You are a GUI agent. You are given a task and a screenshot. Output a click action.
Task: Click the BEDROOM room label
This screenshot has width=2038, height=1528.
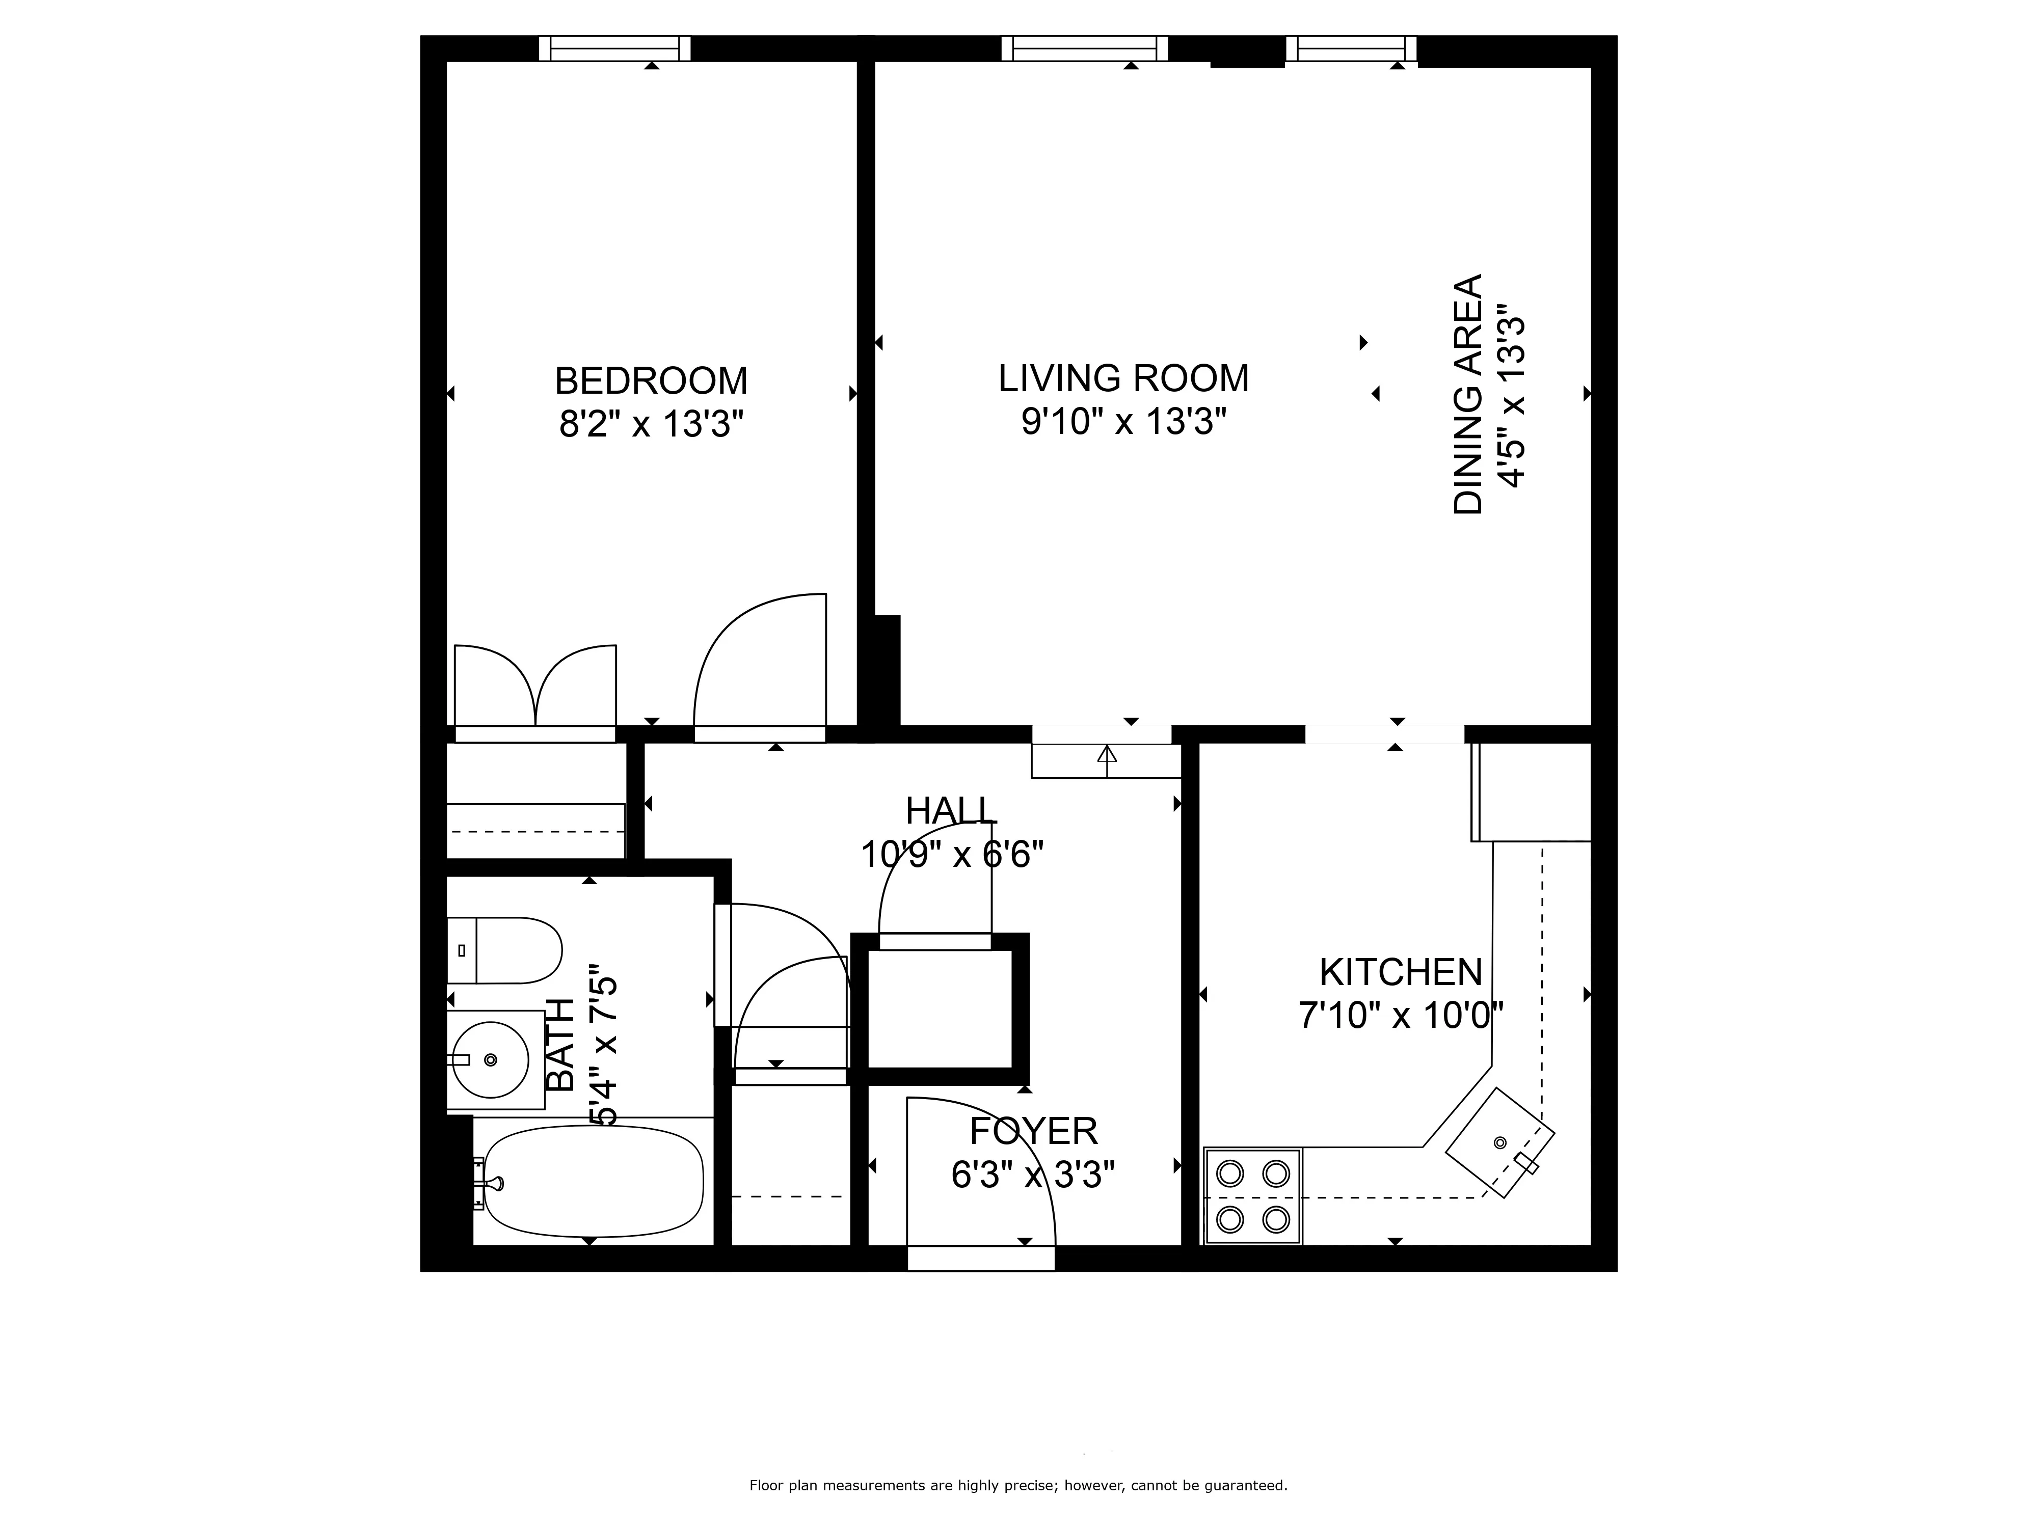point(651,380)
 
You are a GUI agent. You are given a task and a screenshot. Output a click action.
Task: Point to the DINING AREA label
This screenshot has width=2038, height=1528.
point(1468,394)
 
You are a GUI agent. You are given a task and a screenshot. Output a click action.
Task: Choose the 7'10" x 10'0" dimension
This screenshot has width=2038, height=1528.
point(1401,1016)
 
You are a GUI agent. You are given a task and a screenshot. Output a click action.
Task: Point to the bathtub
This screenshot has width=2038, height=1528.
point(593,1182)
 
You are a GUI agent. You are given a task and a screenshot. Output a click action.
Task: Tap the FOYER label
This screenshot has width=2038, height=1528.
point(1033,1131)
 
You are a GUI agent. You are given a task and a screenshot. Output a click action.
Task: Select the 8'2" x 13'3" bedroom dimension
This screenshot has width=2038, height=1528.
point(651,425)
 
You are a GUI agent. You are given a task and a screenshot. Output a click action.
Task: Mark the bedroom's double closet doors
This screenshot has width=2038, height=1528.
point(535,691)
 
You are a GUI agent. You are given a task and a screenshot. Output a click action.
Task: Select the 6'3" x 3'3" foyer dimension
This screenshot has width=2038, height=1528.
point(1033,1175)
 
